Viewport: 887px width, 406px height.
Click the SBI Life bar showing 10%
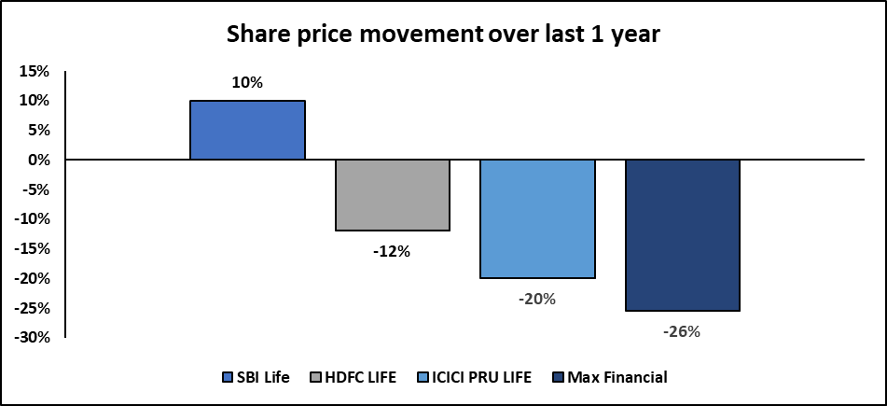tap(248, 131)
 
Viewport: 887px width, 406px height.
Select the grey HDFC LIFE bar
tap(393, 195)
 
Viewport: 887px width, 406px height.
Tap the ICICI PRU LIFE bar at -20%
tap(538, 218)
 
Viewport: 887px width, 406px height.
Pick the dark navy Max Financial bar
tap(683, 235)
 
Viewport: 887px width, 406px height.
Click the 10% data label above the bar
tap(247, 83)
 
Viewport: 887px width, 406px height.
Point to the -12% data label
tap(392, 252)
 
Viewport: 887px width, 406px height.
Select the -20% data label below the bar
tap(537, 299)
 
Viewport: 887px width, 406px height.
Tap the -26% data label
tap(682, 332)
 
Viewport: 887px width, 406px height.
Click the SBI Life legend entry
tap(256, 377)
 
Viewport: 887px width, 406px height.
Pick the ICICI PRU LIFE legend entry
tap(474, 377)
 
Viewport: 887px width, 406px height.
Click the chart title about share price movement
tap(443, 35)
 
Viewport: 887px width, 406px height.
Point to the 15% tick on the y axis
tap(35, 71)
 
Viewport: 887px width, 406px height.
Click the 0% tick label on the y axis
tap(38, 161)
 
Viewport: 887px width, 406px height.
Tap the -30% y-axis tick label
tap(32, 338)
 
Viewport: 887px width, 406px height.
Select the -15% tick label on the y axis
tap(32, 248)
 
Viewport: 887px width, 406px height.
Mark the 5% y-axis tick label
tap(38, 131)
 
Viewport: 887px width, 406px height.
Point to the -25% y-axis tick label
tap(32, 308)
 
